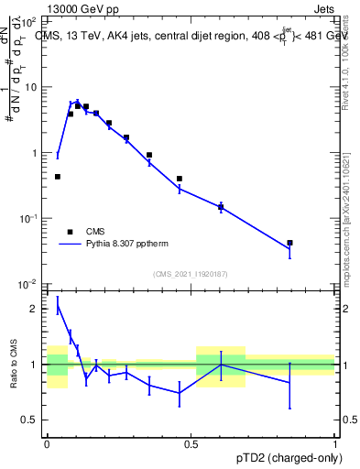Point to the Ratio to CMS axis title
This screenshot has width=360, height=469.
tap(15, 364)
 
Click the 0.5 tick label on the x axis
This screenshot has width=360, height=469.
tap(191, 442)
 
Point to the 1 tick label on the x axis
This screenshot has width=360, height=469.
tap(335, 442)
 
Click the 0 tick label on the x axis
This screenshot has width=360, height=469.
tap(47, 442)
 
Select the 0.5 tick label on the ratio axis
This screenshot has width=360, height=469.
tap(30, 420)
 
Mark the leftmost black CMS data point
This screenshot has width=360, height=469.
tap(58, 177)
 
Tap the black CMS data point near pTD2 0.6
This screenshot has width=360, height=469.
tap(221, 208)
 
